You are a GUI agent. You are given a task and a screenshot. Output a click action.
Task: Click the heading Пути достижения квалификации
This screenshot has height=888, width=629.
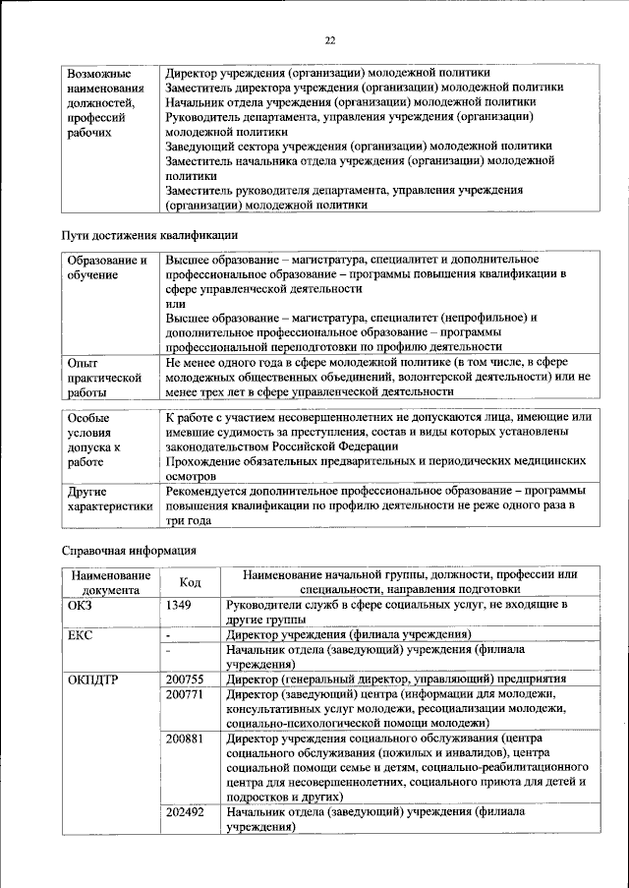pos(149,236)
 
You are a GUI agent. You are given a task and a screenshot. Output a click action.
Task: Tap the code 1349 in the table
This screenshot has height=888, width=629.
pos(180,605)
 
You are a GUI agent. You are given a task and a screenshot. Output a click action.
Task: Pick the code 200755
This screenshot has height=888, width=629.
pos(186,680)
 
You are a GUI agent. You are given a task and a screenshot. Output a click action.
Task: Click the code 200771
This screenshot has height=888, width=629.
pos(186,695)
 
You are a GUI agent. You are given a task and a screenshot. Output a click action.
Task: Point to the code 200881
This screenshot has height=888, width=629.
pos(186,737)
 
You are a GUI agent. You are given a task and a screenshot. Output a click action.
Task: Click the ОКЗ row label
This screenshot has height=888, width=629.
pos(80,605)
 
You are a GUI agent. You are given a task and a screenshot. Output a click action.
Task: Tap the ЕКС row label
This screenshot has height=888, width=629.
pos(80,635)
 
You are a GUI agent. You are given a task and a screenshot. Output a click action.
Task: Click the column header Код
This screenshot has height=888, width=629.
pos(190,582)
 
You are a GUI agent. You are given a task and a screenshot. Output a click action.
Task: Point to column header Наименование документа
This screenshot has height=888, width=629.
pos(109,582)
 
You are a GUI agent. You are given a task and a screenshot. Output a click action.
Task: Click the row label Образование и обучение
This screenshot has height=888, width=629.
pos(106,267)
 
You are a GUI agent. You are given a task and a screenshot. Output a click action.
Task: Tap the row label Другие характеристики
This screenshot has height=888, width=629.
pos(109,498)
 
